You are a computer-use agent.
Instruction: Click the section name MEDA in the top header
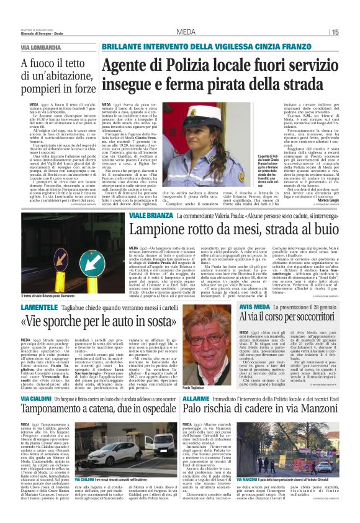(x=186, y=32)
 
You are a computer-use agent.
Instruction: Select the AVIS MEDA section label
(x=254, y=306)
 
